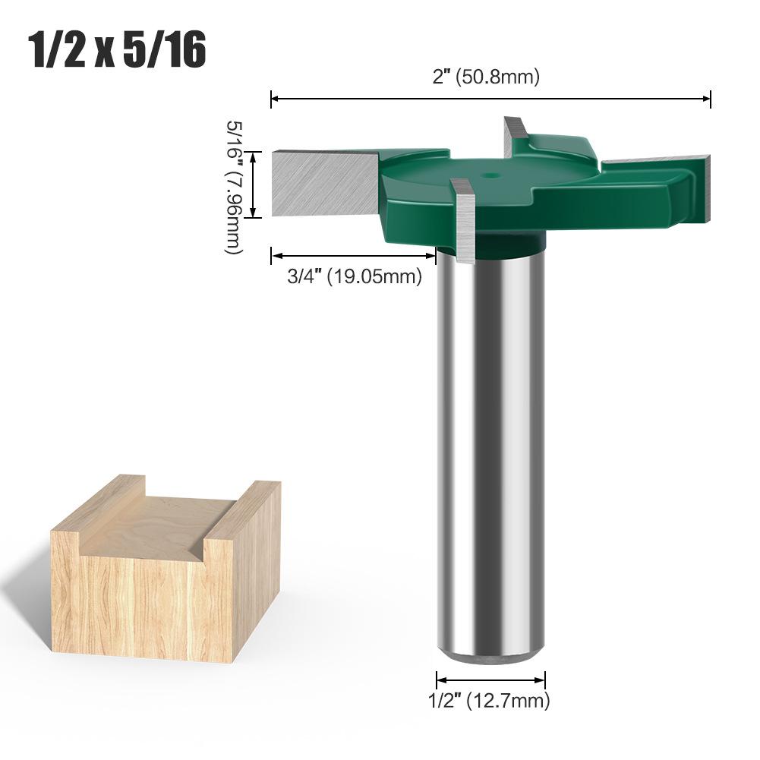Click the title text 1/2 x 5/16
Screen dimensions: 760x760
tap(117, 51)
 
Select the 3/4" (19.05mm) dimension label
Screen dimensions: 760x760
tap(354, 277)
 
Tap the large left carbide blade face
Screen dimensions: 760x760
tap(323, 182)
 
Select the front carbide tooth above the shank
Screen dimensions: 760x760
tap(463, 220)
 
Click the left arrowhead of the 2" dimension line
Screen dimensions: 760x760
tap(275, 98)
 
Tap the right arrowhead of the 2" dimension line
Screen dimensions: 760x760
tap(707, 98)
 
